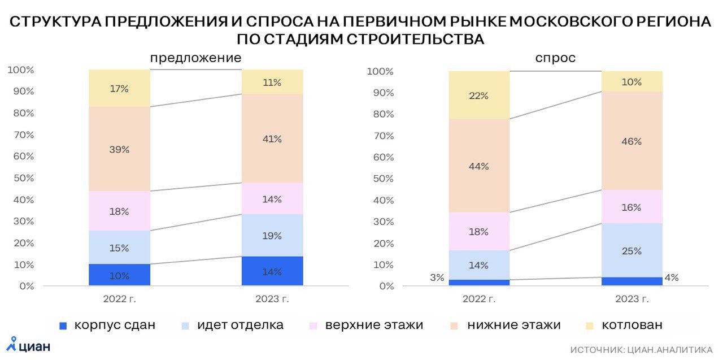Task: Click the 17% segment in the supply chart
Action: (119, 88)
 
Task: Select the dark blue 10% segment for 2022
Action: (119, 275)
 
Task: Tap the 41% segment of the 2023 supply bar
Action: (272, 138)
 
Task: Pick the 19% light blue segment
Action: (272, 235)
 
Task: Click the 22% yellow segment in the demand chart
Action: (479, 95)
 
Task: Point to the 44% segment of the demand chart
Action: (479, 166)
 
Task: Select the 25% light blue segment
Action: (631, 250)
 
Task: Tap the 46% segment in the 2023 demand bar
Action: (631, 141)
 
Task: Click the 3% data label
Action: (437, 277)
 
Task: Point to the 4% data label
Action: (672, 277)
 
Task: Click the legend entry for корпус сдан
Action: (107, 326)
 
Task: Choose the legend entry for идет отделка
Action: (232, 326)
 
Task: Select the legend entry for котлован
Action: (624, 326)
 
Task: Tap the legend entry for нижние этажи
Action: (506, 326)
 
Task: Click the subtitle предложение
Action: (195, 58)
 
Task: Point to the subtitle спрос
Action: (555, 58)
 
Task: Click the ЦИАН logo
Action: (28, 344)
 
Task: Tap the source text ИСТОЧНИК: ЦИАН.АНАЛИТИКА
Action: (641, 350)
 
